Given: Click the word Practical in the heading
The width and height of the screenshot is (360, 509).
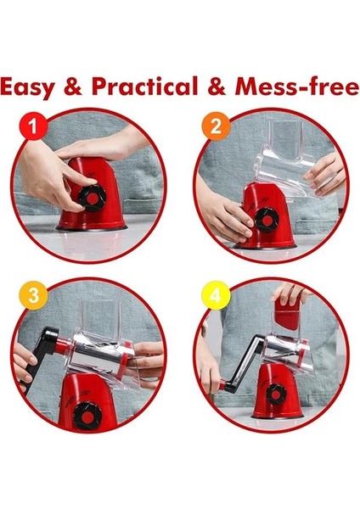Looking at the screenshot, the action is [x=144, y=86].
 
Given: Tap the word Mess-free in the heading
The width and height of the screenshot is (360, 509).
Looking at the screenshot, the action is [x=297, y=86].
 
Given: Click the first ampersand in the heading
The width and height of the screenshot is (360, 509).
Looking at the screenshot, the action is [x=72, y=86].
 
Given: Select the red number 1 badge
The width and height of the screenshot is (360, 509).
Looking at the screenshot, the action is [x=33, y=126].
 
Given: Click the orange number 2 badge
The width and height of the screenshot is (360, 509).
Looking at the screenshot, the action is [x=216, y=126].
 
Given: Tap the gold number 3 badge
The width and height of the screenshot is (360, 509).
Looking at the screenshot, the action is [x=33, y=295].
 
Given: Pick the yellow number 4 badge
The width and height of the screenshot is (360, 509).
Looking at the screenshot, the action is [x=216, y=295].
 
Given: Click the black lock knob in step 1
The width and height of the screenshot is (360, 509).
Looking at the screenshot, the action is [x=93, y=198].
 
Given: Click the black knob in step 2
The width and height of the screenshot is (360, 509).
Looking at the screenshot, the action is [x=267, y=221].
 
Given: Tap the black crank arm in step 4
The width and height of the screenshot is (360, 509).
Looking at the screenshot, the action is [x=242, y=365].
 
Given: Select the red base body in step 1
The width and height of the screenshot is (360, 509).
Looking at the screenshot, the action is [x=92, y=194].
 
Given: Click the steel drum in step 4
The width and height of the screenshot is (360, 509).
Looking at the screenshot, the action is [x=282, y=349].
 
